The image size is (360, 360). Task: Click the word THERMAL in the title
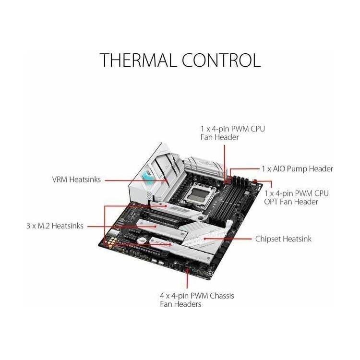(137, 60)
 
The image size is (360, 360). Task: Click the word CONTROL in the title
(221, 60)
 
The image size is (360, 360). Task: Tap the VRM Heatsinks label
(76, 180)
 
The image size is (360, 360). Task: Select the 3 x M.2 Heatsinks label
(55, 226)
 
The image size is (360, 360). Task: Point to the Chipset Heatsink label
(283, 239)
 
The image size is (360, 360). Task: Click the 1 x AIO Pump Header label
(298, 169)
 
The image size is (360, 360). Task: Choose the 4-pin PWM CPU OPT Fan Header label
(296, 197)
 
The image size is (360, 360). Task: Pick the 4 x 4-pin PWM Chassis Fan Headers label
(197, 300)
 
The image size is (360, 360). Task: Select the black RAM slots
(232, 198)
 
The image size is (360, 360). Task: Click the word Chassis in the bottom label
(222, 296)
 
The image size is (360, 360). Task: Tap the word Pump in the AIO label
(297, 169)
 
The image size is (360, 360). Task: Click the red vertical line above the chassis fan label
(187, 279)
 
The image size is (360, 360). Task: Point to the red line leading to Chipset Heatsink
(228, 239)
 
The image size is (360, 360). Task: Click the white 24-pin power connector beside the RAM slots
(229, 226)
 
